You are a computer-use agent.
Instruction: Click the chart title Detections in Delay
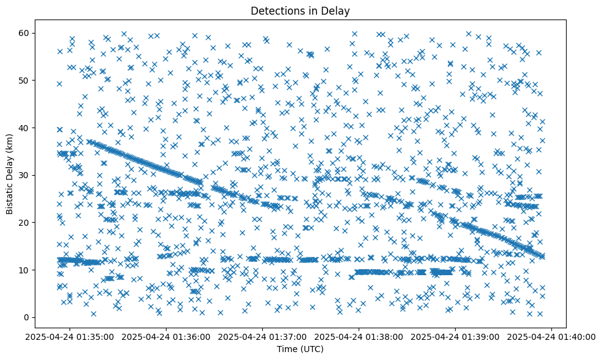click(301, 10)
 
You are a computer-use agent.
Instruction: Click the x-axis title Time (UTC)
click(301, 349)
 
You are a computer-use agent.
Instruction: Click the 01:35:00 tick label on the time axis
click(71, 337)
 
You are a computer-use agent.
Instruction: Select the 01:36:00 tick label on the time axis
click(167, 337)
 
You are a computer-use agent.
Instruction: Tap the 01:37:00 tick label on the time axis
click(263, 337)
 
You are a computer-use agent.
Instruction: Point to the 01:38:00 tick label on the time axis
click(359, 337)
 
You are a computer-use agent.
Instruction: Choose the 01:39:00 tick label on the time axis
click(455, 337)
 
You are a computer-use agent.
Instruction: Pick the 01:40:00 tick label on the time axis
click(551, 337)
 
